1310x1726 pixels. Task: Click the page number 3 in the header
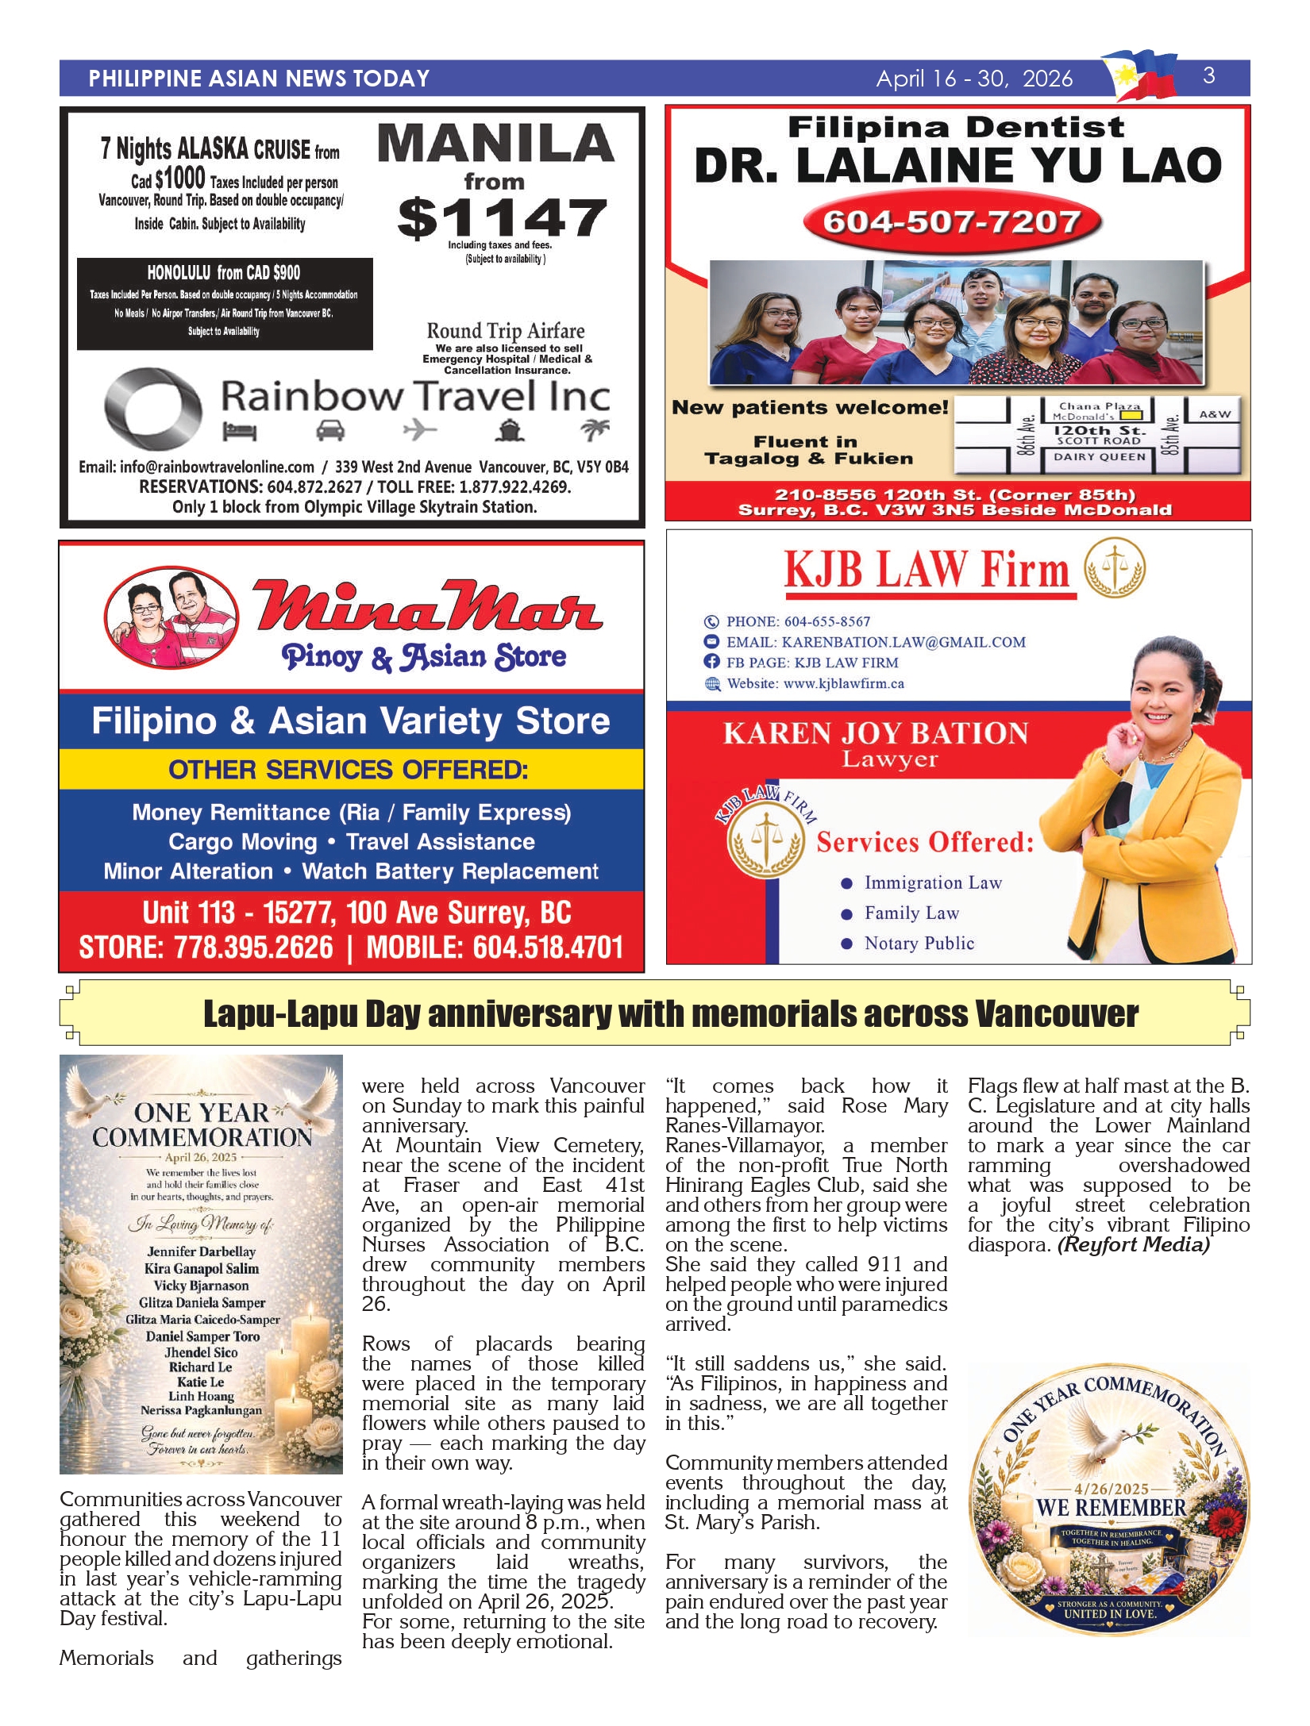click(1208, 76)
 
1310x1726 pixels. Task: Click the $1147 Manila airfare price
click(502, 218)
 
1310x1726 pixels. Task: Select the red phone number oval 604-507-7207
click(951, 222)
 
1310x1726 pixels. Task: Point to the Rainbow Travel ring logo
click(153, 408)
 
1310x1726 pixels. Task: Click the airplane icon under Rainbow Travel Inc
click(420, 430)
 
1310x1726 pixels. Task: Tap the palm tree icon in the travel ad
click(595, 430)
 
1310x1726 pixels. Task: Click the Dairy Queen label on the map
click(1100, 457)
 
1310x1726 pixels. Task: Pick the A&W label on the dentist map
click(1215, 414)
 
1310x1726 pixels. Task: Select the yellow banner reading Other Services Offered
click(349, 770)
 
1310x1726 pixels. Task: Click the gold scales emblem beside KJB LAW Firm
click(1115, 568)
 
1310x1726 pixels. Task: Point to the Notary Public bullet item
click(919, 944)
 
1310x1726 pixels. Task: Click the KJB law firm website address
click(843, 684)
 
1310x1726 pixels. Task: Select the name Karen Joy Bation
click(875, 733)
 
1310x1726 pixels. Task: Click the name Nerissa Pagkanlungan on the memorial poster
click(202, 1410)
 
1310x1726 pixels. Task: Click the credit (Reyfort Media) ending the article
click(1133, 1245)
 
